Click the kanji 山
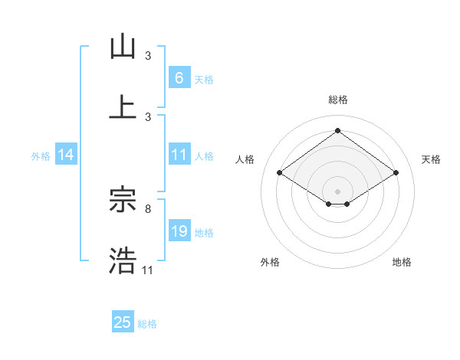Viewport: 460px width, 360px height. tap(123, 47)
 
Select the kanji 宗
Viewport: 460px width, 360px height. tap(123, 200)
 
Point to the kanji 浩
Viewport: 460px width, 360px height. tap(123, 260)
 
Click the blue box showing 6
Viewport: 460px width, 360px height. tap(179, 77)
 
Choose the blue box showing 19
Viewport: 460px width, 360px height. tap(179, 231)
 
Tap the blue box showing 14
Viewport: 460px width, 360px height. tap(66, 155)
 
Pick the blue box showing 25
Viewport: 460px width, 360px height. tap(123, 322)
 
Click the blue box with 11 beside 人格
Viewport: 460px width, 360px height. tap(179, 155)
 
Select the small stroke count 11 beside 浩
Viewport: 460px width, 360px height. tap(148, 270)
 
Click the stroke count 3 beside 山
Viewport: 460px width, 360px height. tap(148, 55)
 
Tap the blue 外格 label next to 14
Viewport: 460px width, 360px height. tap(41, 155)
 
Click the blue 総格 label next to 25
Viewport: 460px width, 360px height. tap(147, 324)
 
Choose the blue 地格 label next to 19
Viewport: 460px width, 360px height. tap(204, 232)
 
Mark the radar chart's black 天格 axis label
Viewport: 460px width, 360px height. tap(431, 159)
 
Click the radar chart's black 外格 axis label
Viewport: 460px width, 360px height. tap(270, 262)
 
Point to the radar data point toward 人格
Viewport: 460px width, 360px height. tap(280, 173)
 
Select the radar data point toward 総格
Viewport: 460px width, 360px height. tap(337, 130)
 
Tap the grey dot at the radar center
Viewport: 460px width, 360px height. tap(337, 190)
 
